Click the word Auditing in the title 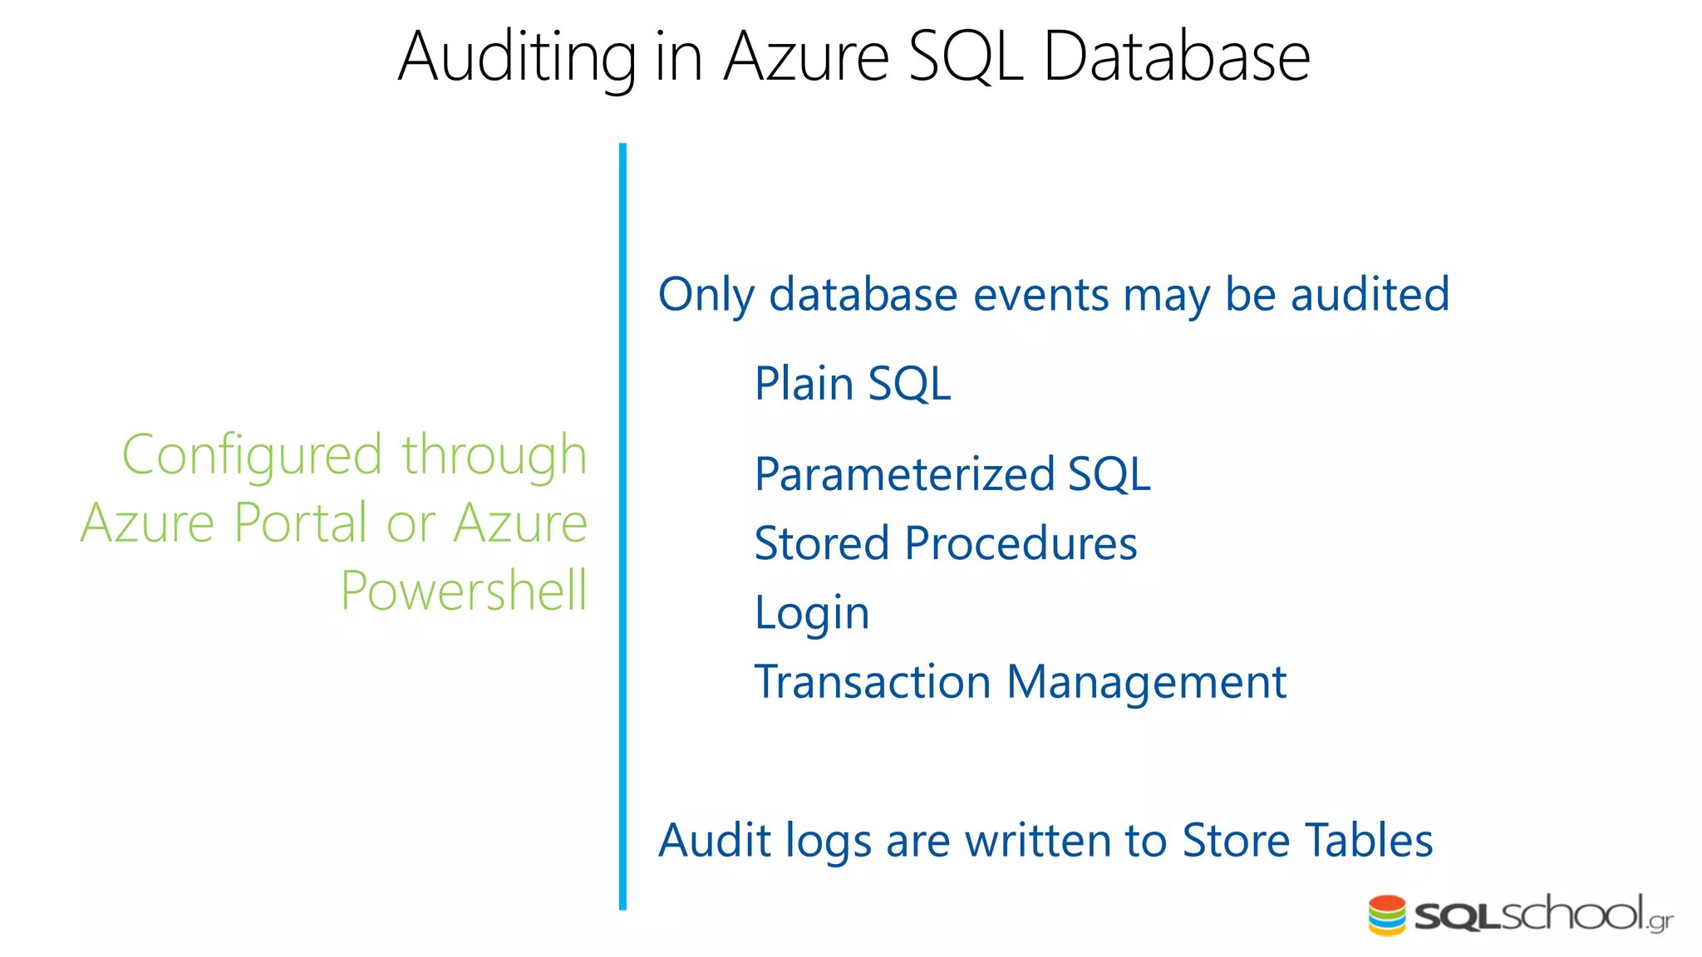(x=516, y=57)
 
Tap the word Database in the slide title (x=1176, y=57)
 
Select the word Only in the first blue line (x=706, y=295)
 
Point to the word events (x=1040, y=295)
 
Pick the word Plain (x=804, y=384)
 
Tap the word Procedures (x=1021, y=544)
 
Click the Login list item (x=812, y=614)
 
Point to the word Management (x=1146, y=684)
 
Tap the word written (x=1037, y=840)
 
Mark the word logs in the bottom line (x=828, y=842)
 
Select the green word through (x=494, y=456)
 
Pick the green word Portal (x=300, y=523)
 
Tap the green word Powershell (x=464, y=591)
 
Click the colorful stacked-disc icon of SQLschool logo (x=1386, y=915)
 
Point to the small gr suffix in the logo (x=1660, y=922)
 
